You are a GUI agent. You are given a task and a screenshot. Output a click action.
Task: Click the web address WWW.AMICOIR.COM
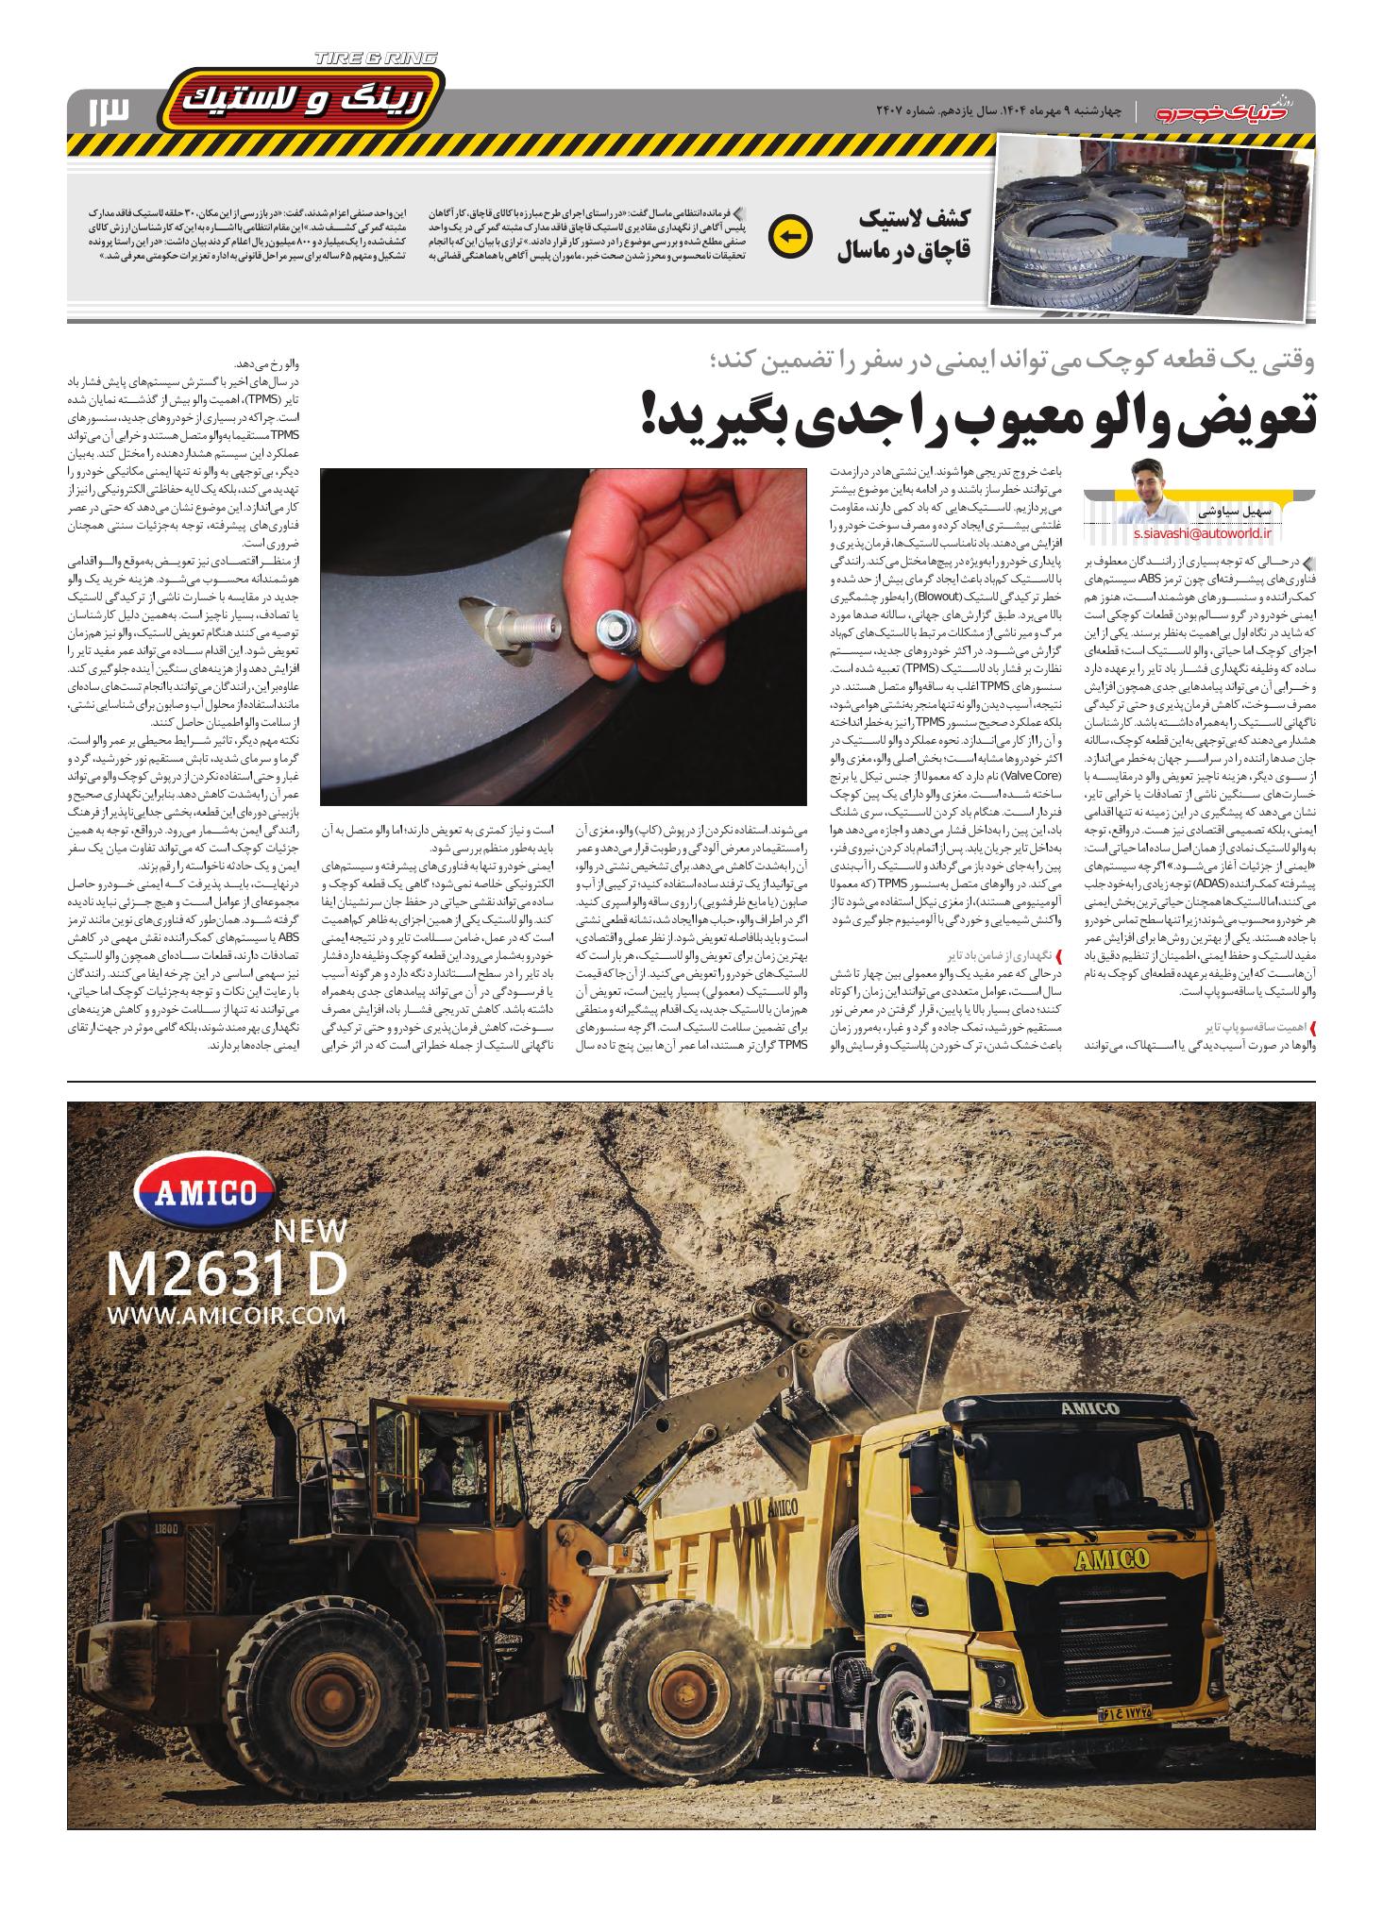pyautogui.click(x=227, y=1316)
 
